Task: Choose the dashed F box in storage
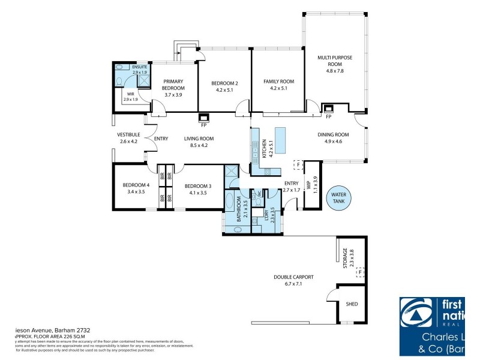point(360,272)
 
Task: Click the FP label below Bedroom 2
point(204,125)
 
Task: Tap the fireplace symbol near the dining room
point(328,108)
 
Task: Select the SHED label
point(352,304)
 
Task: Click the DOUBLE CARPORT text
point(294,277)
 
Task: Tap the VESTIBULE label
point(128,134)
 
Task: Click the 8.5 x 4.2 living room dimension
point(199,146)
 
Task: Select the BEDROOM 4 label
point(136,185)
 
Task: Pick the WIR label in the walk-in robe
point(130,94)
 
